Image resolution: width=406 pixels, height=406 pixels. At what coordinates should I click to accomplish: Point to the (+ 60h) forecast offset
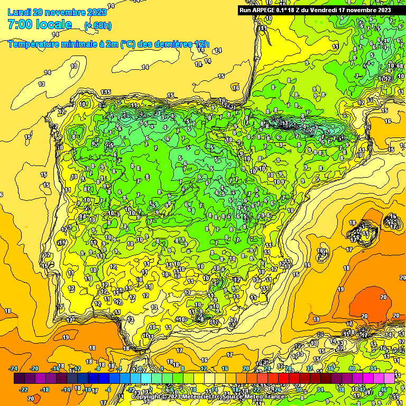[98, 25]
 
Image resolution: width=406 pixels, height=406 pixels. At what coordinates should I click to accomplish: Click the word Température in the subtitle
[36, 44]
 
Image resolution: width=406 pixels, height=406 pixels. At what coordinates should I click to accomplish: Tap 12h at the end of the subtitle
[202, 44]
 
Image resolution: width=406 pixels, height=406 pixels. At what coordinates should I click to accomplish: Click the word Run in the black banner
[246, 10]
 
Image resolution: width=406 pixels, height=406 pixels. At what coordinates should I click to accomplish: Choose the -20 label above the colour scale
[35, 368]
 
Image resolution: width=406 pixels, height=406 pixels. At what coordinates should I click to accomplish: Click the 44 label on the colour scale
[374, 368]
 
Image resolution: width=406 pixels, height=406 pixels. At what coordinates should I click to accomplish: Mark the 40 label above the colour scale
[352, 368]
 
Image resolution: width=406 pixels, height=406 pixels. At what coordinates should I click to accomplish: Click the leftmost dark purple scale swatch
[19, 379]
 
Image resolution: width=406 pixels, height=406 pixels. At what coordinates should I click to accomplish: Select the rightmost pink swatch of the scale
[389, 379]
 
